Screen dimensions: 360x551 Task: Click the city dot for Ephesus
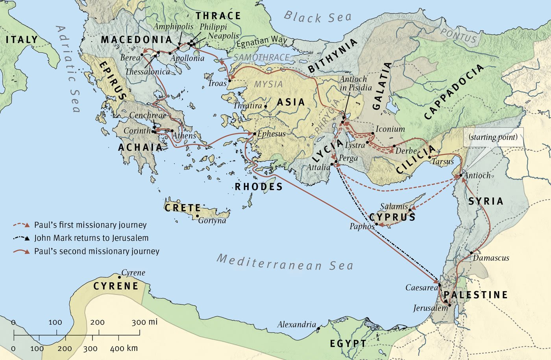point(255,134)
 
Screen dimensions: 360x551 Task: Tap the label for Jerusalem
point(430,308)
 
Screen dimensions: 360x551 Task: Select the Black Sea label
point(317,17)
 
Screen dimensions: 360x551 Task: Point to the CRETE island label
point(183,207)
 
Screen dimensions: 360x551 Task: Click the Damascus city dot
point(471,253)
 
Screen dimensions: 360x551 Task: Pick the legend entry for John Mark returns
point(91,238)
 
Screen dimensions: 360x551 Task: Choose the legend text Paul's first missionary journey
point(90,225)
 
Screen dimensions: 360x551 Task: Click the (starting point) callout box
point(493,137)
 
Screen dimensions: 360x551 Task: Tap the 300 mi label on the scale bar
point(144,322)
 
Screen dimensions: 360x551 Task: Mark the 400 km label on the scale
point(124,348)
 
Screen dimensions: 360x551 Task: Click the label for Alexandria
point(296,325)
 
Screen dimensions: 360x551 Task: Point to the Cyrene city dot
point(120,277)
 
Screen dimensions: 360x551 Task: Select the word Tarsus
point(443,162)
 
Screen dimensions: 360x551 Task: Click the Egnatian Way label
point(262,41)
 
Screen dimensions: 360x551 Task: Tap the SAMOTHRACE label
point(261,58)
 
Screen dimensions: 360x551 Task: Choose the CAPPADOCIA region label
point(454,92)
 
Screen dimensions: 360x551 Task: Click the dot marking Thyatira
point(266,106)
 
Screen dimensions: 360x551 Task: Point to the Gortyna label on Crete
point(212,220)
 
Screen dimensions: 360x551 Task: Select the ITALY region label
point(22,40)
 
